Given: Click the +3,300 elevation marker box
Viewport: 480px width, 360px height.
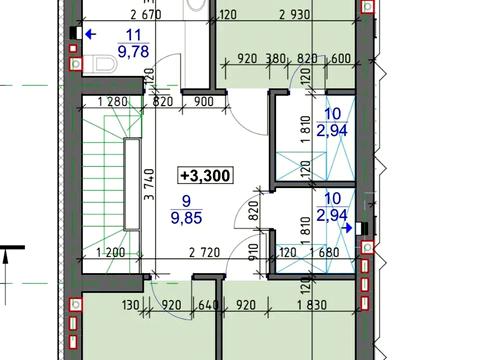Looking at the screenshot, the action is pos(206,175).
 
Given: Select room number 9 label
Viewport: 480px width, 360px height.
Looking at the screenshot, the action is pos(186,201).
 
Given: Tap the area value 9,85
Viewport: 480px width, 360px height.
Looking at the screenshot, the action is pos(186,218).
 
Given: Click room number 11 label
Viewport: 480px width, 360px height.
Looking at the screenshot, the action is pos(133,35).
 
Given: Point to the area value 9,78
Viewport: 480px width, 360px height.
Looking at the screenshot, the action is pos(133,52).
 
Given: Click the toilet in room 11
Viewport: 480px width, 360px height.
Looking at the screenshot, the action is pos(100,64).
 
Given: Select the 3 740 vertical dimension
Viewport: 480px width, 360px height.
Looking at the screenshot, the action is pos(150,184).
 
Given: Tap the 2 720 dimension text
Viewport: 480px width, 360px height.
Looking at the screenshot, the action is pos(204,252).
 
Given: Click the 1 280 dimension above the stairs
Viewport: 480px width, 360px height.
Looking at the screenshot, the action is pos(113,102).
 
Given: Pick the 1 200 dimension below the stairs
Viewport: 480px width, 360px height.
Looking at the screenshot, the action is pos(111,253).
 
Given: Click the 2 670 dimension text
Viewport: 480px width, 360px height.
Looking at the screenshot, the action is pos(146,15).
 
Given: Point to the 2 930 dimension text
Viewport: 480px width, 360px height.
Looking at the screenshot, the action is pos(295,15).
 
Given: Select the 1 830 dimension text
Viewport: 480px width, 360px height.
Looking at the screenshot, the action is pos(312,305).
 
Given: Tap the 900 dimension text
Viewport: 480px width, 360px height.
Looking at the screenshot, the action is pos(203,101).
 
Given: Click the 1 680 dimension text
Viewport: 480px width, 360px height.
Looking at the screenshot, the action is pos(324,252).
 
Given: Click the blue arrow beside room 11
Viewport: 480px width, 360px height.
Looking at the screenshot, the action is pos(91,34).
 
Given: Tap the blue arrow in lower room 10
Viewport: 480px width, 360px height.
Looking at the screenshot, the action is pos(347,228).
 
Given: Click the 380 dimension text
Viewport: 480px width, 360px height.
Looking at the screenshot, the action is pos(276,59).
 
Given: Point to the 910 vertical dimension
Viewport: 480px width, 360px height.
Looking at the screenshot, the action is pos(253,252).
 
